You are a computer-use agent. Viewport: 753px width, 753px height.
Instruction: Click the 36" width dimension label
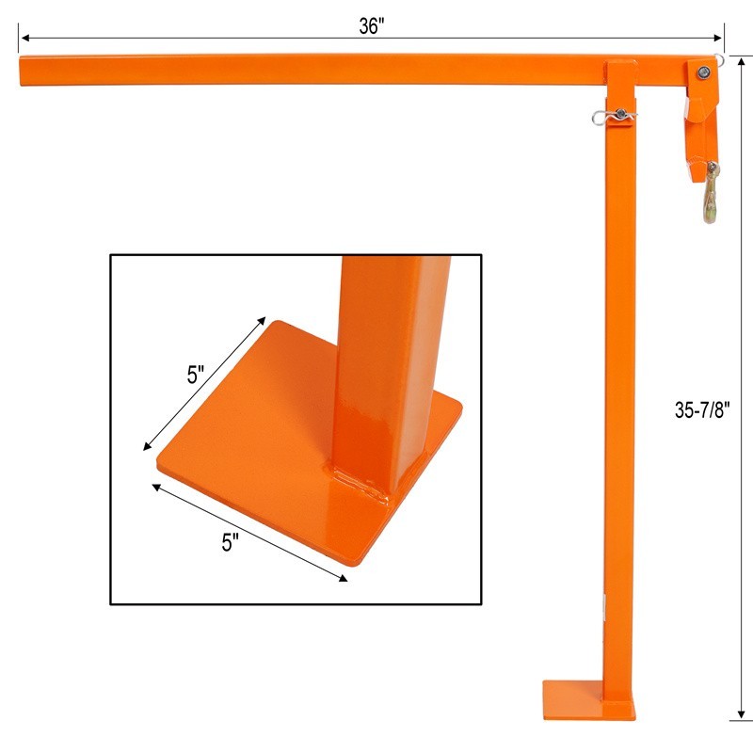372,26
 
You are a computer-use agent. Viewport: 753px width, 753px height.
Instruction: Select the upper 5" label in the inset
195,374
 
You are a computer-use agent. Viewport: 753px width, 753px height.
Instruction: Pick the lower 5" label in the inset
229,541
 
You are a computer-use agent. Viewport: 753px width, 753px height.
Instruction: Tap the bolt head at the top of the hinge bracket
700,72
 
